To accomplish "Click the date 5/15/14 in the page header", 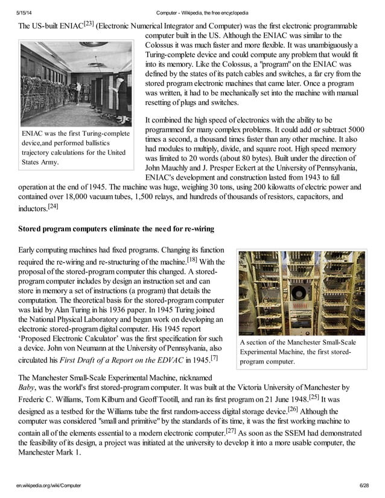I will point(25,13).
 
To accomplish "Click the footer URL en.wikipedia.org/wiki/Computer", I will point(49,485).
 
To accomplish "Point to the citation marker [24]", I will point(52,206).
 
